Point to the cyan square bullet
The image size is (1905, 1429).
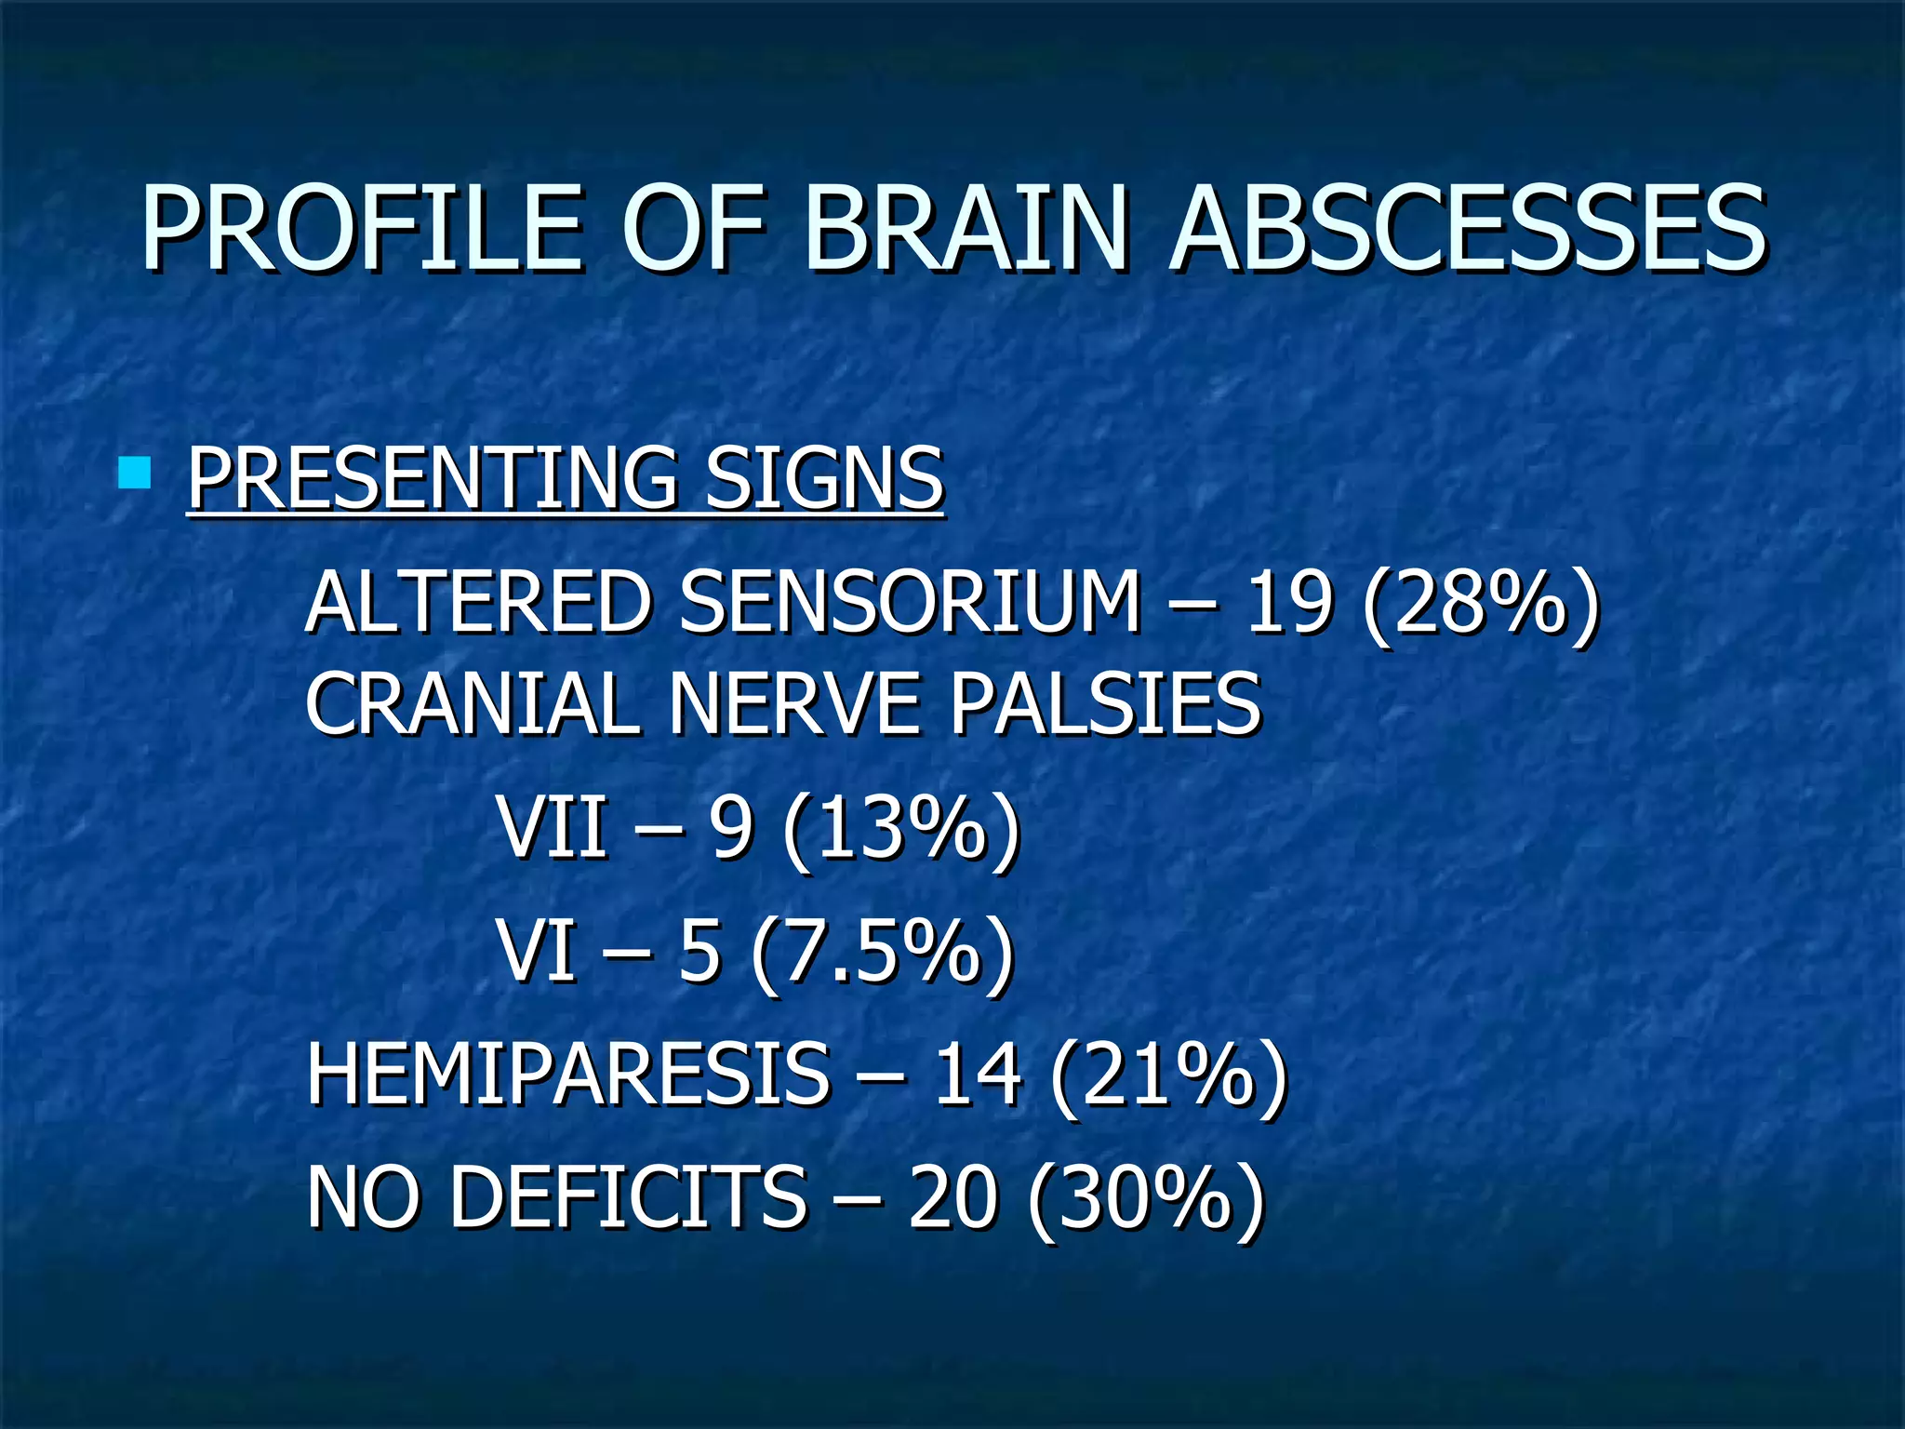pos(135,473)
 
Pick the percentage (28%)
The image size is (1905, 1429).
pos(1480,605)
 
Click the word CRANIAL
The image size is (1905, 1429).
pos(471,704)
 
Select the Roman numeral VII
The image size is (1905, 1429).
pos(553,827)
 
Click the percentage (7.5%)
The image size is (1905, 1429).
pos(882,952)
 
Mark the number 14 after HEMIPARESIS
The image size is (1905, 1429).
pos(977,1076)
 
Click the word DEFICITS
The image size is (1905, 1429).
pos(629,1197)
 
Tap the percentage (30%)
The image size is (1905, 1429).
pos(1147,1199)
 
